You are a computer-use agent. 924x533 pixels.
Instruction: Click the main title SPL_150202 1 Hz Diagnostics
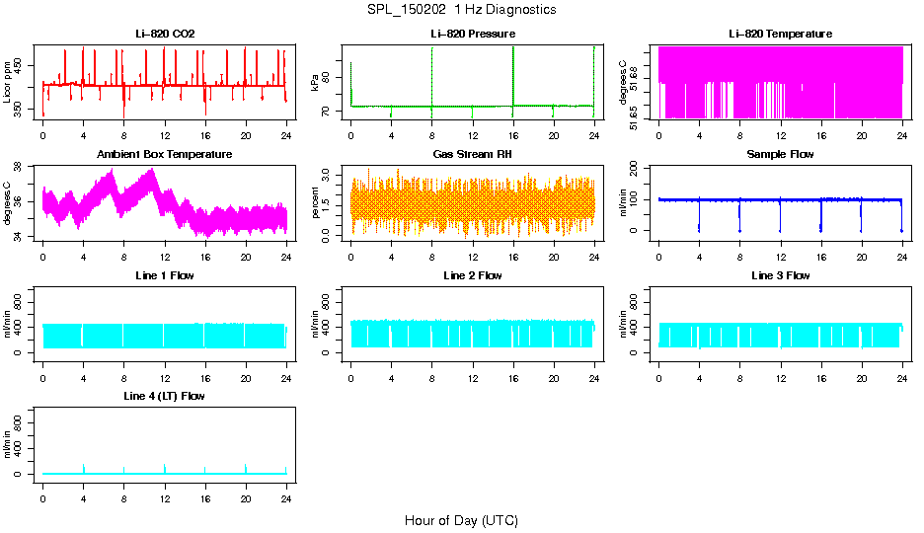461,10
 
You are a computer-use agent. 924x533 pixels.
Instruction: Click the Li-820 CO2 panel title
165,34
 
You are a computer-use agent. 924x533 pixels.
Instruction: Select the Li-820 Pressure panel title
473,34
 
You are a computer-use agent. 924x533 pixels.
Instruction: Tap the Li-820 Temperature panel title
780,34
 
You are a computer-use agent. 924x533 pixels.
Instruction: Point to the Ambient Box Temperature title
165,155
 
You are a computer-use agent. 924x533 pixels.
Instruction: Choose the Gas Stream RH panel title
473,155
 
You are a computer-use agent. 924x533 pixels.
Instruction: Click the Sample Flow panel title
780,155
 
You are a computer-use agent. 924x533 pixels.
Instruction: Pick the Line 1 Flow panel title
165,275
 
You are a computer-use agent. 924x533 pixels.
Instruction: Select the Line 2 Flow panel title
473,275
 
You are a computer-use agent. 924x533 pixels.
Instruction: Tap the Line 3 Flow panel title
780,275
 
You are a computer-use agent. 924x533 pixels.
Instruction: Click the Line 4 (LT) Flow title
165,396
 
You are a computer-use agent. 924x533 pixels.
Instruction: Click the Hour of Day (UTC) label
461,520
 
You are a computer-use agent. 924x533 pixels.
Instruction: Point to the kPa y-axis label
315,83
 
